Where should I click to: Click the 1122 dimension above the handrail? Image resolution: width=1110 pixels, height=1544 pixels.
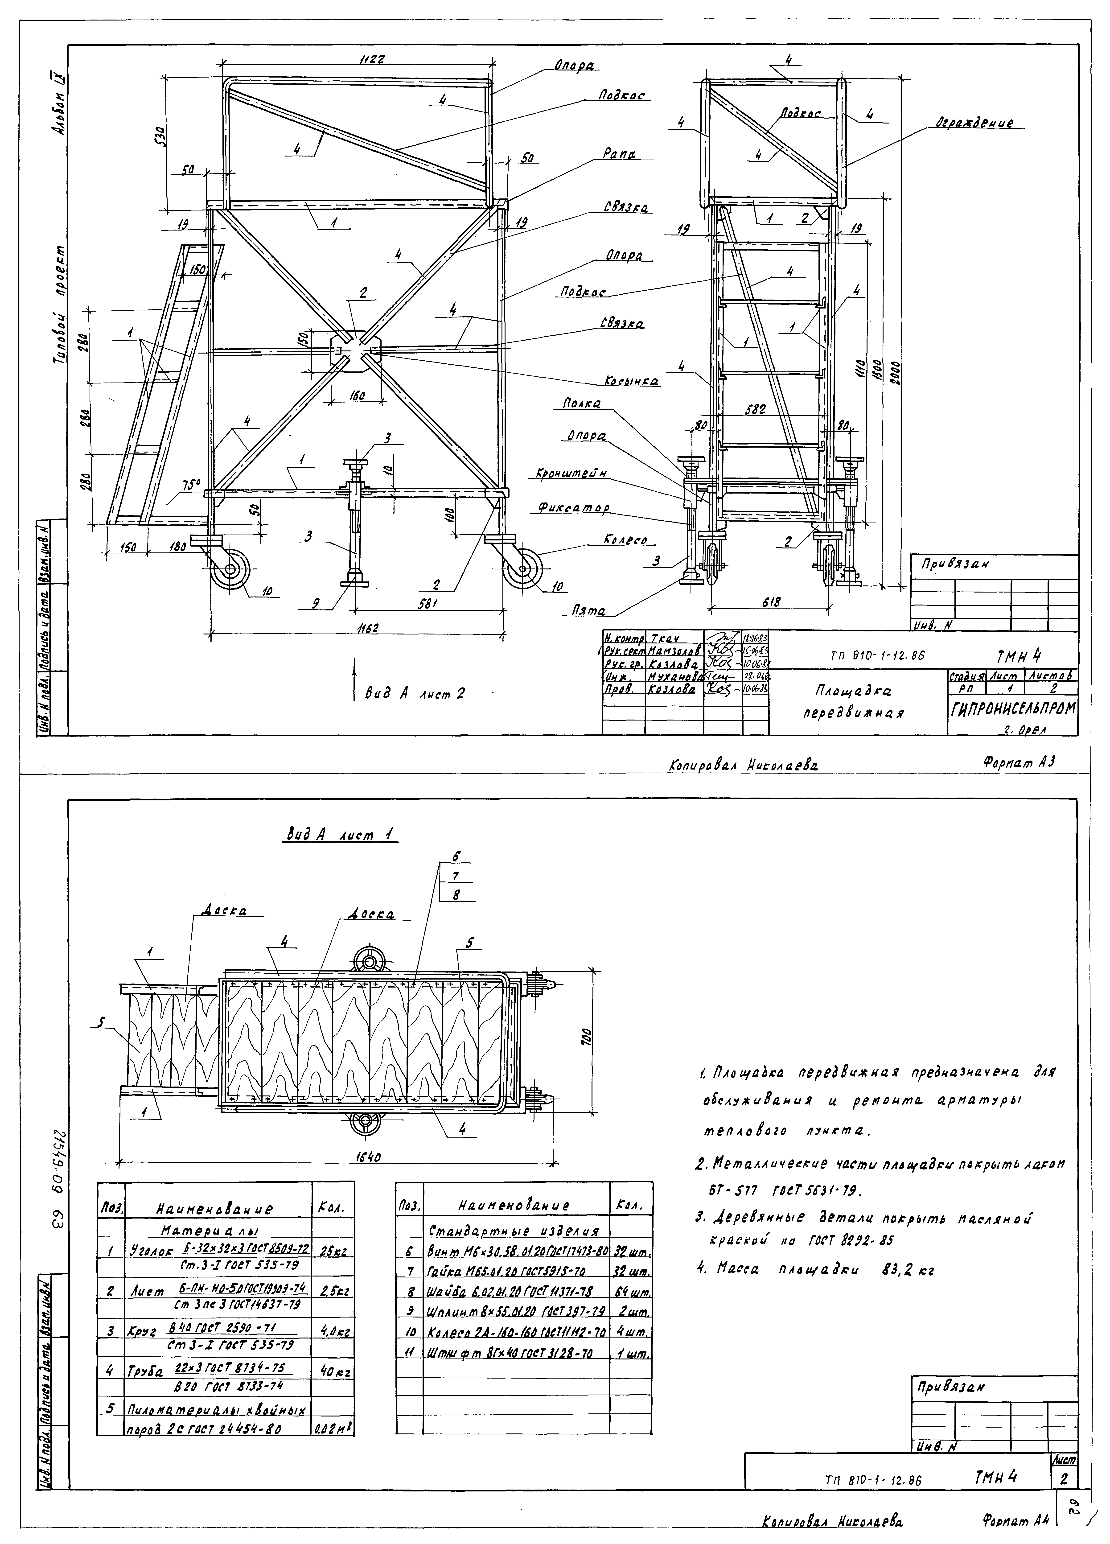[373, 60]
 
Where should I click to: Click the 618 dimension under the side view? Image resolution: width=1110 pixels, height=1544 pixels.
[771, 602]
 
